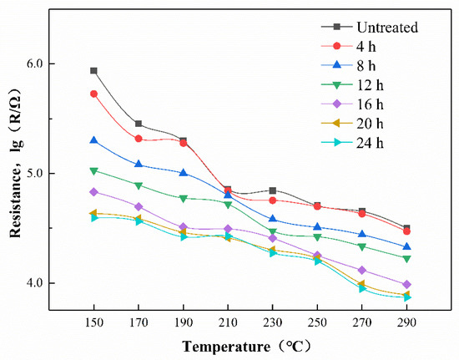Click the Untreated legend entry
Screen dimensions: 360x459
(373, 28)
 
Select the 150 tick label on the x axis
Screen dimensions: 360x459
(93, 322)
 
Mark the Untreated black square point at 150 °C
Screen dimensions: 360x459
(93, 71)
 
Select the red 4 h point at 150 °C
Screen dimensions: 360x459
(93, 94)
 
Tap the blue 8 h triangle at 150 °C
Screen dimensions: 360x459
(93, 140)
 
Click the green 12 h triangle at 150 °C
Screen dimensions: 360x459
(93, 171)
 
